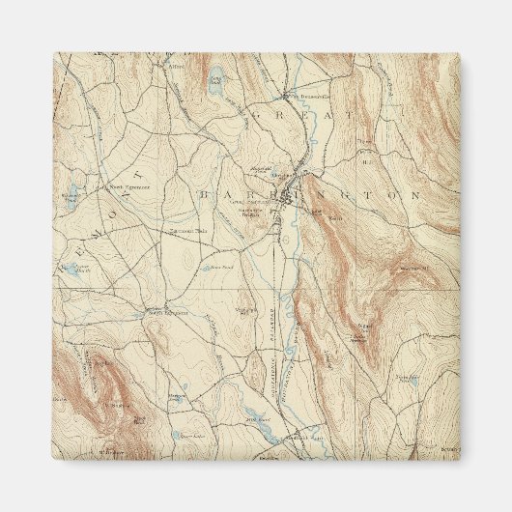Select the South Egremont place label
click(x=166, y=313)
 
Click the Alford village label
click(x=175, y=68)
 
